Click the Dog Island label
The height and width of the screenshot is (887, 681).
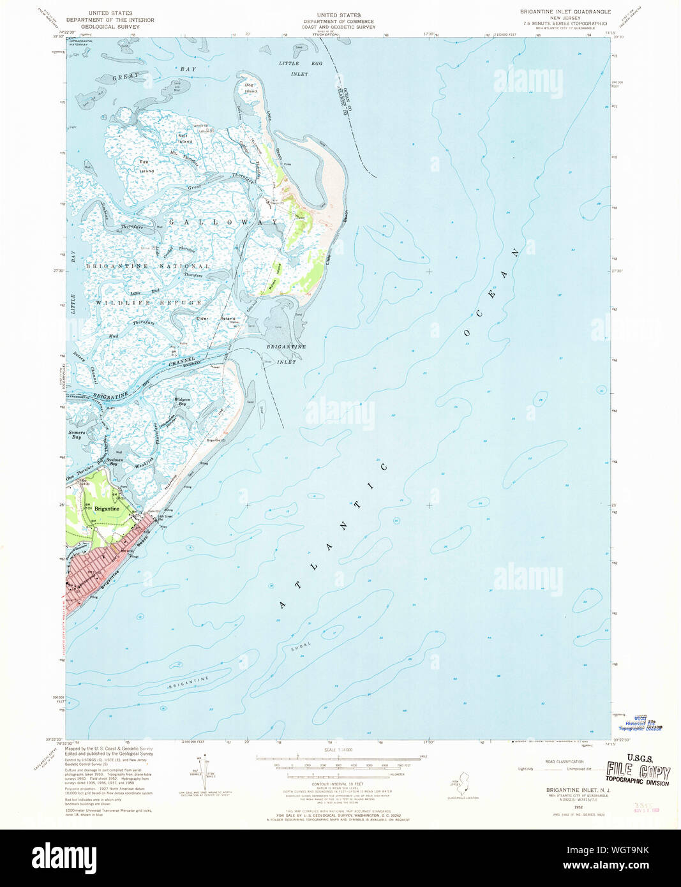point(250,88)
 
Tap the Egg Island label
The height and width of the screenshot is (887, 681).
point(147,167)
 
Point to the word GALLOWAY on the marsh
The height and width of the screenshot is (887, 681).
point(224,222)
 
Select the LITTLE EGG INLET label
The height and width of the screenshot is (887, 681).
point(301,69)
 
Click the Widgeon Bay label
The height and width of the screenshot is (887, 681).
point(182,402)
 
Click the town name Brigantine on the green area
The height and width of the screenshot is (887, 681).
point(107,509)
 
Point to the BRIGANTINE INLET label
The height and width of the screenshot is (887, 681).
point(286,354)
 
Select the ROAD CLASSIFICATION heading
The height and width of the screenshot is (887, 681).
point(564,761)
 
